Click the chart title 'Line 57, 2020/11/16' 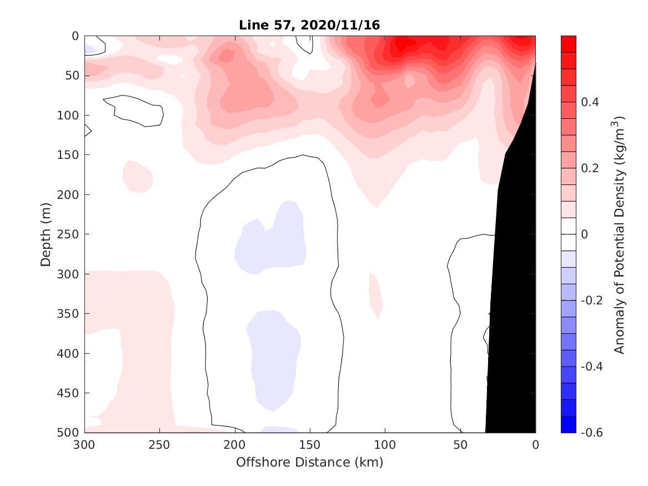309,26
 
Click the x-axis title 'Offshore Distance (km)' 309,462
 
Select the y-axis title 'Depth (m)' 46,234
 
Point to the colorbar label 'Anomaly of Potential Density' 620,234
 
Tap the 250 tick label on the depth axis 70,234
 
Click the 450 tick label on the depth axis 70,393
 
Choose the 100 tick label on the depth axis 70,116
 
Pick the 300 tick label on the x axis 85,445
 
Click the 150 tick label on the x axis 310,445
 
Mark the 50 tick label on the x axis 460,445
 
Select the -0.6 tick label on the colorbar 591,432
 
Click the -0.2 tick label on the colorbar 591,300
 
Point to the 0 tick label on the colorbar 584,234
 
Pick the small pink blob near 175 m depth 137,176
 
